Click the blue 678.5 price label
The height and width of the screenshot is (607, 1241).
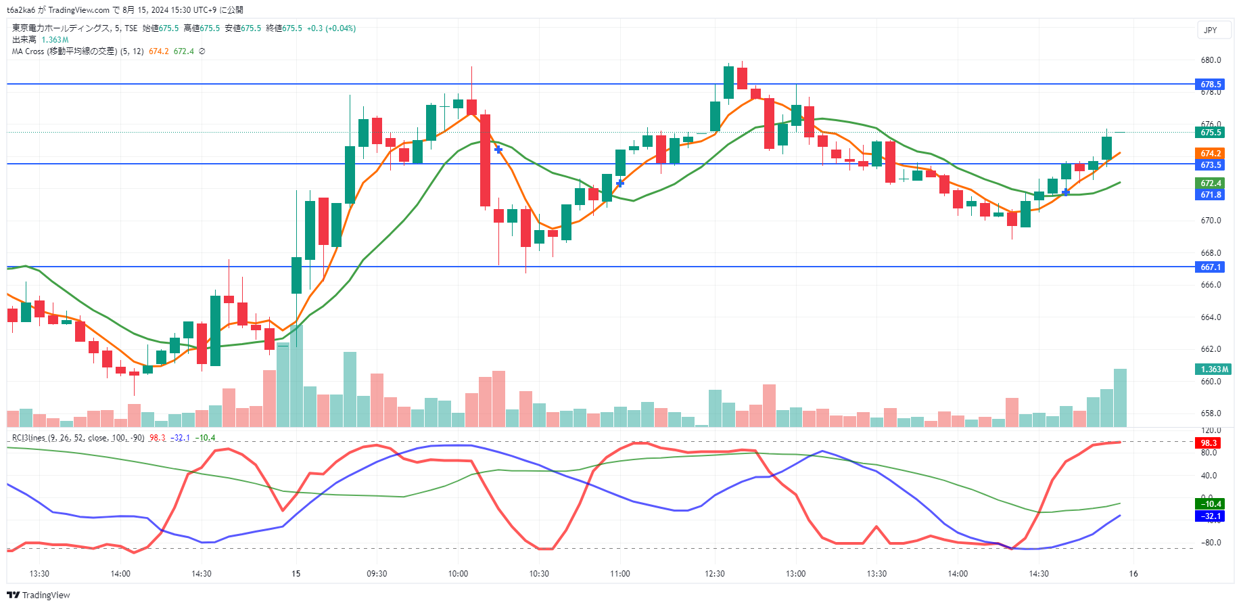pos(1210,85)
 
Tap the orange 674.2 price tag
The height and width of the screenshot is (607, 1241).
pos(1210,154)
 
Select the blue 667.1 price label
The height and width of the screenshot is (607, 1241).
pos(1210,267)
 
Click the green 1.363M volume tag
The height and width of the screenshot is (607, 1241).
pos(1213,369)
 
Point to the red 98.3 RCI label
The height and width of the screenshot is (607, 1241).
pos(1208,443)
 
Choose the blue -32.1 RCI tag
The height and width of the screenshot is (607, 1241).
pos(1210,516)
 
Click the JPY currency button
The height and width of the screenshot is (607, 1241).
pos(1210,30)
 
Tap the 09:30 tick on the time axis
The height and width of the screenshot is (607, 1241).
pos(377,574)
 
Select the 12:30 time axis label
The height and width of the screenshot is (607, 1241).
pos(714,574)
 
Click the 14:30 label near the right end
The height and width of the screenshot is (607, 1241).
pos(1038,574)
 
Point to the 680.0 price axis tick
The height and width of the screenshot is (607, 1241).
pos(1211,60)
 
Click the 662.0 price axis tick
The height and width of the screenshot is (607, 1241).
pos(1211,349)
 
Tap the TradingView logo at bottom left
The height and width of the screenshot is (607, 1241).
pos(39,595)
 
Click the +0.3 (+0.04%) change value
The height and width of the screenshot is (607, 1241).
pos(331,28)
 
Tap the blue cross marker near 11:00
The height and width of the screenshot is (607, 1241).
pos(619,183)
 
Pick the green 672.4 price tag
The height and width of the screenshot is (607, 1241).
pos(1210,183)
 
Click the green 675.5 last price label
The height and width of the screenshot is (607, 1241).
pos(1210,133)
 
